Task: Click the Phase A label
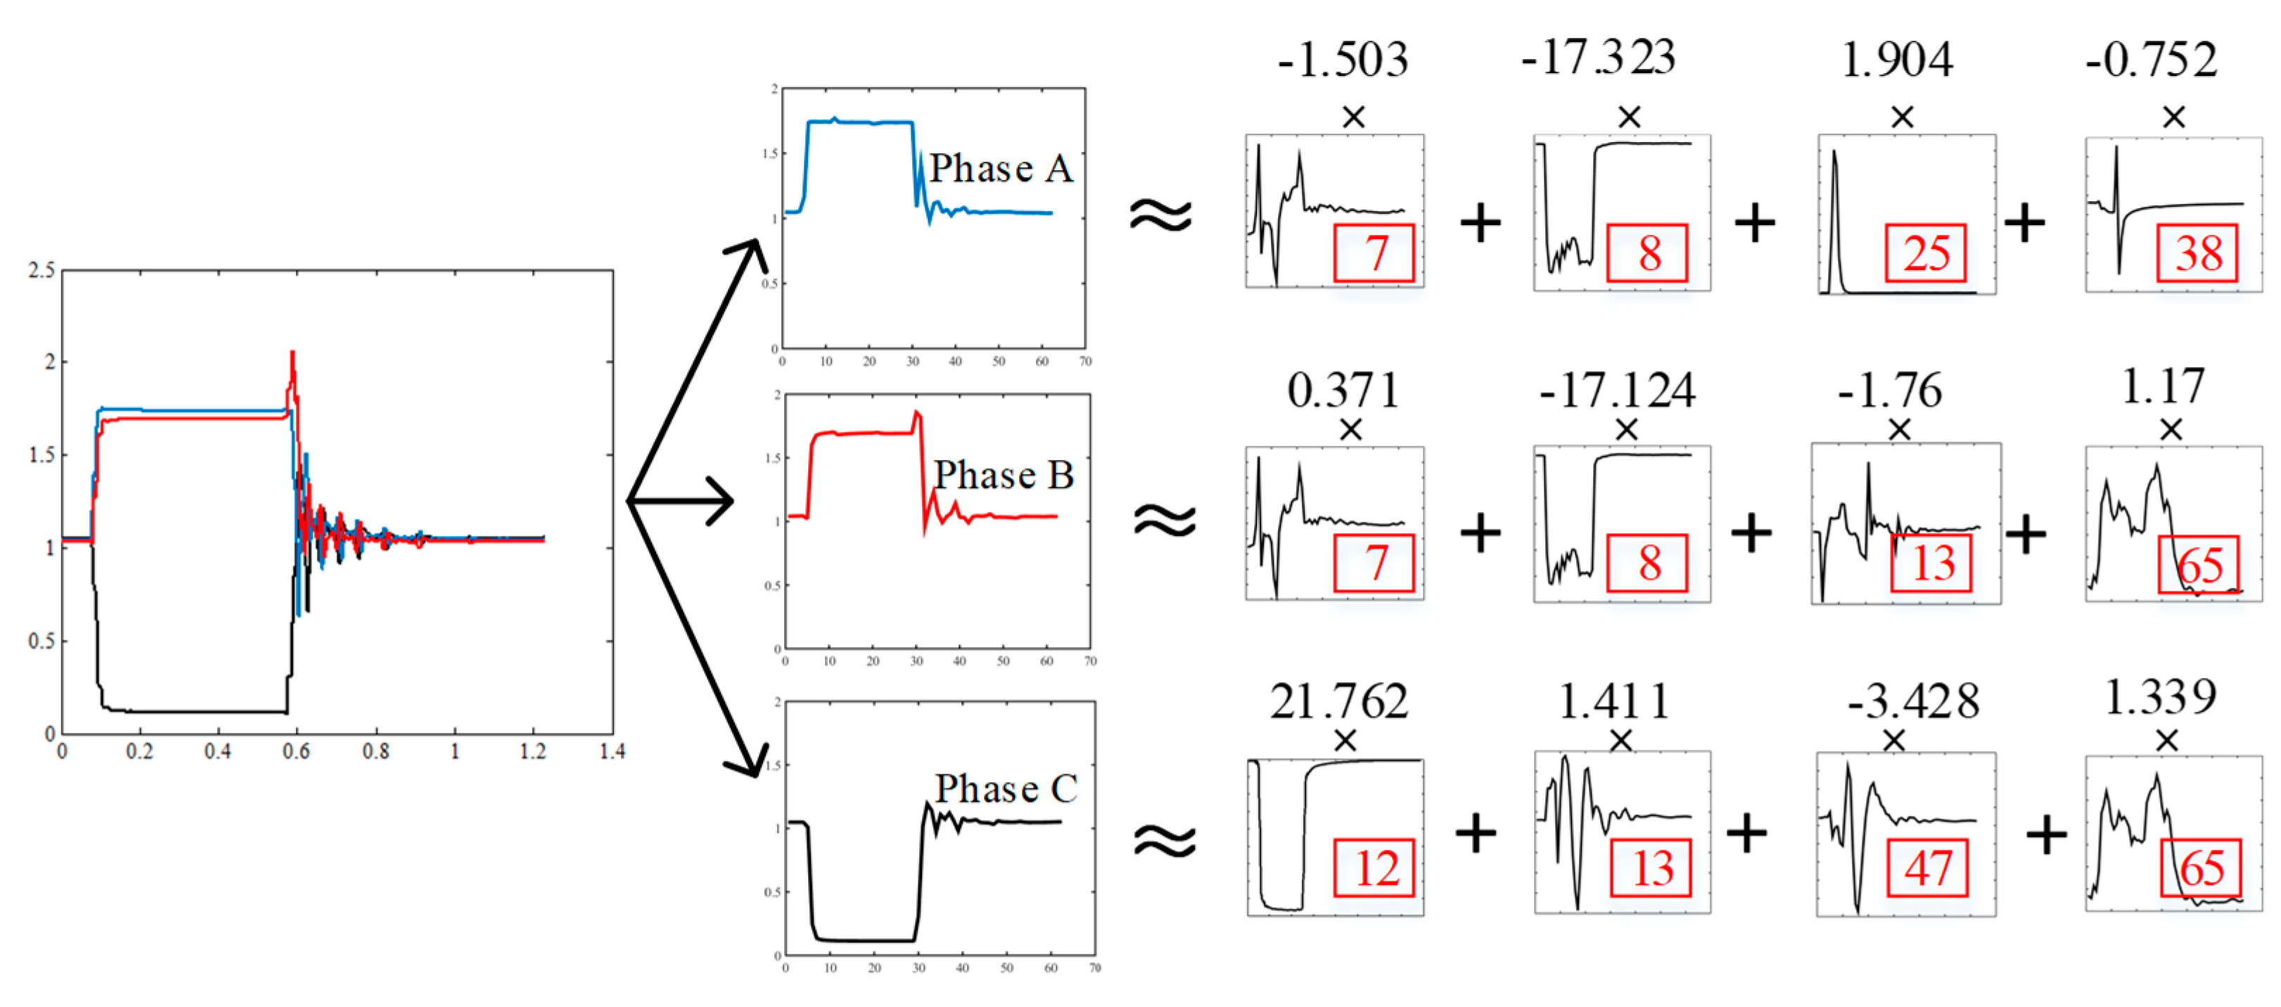(1001, 168)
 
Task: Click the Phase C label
(1006, 788)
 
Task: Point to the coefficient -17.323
(1598, 58)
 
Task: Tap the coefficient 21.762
(1339, 701)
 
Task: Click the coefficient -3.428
(1912, 701)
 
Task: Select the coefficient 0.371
(1343, 390)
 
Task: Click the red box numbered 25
(1926, 253)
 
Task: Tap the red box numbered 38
(2198, 254)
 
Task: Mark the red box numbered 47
(1928, 868)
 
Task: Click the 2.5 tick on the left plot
(41, 270)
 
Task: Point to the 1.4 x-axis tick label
(612, 752)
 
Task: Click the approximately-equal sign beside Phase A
(1161, 215)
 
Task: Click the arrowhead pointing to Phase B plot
(717, 501)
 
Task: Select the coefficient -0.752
(2152, 60)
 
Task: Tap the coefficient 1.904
(1897, 60)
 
